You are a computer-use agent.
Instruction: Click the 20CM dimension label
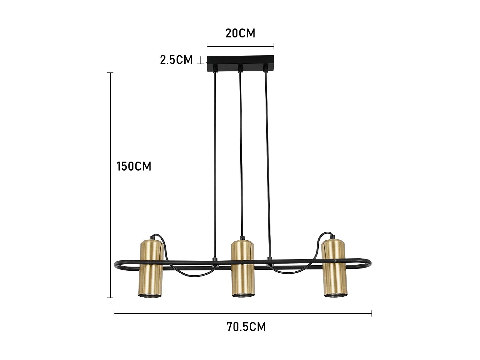click(240, 33)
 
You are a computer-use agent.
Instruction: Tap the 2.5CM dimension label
click(176, 60)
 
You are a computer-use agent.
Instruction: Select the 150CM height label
click(134, 166)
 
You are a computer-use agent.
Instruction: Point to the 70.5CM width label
click(246, 327)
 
